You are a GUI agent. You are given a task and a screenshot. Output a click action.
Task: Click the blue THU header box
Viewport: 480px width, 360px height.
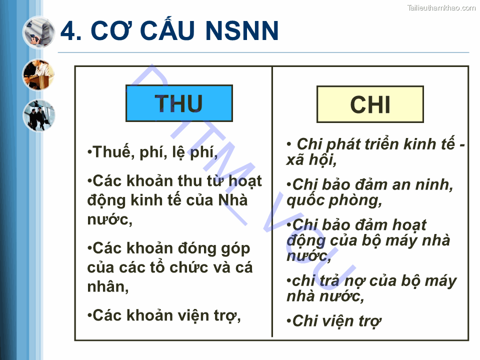point(179,103)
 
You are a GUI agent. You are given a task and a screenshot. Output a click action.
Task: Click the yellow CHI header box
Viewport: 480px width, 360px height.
point(370,104)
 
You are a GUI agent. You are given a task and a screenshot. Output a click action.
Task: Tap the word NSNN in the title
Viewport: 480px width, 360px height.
point(242,31)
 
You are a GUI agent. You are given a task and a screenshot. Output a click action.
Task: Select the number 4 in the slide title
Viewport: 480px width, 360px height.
point(69,31)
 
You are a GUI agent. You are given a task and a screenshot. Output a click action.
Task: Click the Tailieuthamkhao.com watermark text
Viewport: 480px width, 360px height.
point(441,7)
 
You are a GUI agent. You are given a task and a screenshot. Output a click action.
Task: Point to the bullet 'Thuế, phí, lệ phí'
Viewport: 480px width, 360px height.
point(152,152)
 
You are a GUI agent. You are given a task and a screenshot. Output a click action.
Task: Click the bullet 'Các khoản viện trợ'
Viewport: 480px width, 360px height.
point(164,315)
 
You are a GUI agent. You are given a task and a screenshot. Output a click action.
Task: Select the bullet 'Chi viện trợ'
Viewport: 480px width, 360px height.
point(334,321)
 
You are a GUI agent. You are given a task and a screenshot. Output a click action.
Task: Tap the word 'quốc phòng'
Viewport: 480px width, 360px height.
point(334,200)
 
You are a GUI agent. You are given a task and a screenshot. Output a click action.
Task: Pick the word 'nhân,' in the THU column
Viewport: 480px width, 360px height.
point(108,286)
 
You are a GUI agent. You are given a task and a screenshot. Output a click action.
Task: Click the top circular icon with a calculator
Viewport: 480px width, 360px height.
point(38,31)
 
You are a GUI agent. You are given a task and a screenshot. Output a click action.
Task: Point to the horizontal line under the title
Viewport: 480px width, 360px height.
point(263,52)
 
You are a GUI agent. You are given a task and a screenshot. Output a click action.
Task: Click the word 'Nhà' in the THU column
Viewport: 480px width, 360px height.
point(233,200)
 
